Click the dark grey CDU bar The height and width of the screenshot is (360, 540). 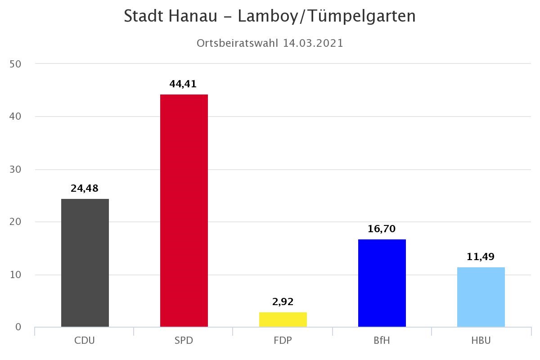(x=85, y=263)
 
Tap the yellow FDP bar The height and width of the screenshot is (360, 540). (x=283, y=319)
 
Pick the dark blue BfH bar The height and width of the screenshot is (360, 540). (x=382, y=283)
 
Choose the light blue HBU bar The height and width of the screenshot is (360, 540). (x=481, y=297)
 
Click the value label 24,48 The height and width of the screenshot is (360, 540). (x=85, y=189)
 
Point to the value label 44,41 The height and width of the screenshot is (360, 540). (x=183, y=84)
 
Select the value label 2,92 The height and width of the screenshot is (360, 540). (x=283, y=301)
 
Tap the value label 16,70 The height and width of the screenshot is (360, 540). (x=382, y=229)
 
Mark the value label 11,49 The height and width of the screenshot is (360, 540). (x=481, y=256)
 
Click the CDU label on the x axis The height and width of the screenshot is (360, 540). (x=85, y=340)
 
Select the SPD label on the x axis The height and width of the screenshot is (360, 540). (x=184, y=340)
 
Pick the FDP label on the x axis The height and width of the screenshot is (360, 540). (x=283, y=340)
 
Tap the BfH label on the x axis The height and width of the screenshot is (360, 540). (x=382, y=340)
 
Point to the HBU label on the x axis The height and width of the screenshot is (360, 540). (x=481, y=340)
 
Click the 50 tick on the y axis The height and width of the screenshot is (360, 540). (x=15, y=64)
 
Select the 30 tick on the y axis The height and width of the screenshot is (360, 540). (x=15, y=169)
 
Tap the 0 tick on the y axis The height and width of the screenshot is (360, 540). (x=18, y=327)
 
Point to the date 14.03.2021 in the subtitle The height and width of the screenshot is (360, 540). (x=313, y=43)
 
